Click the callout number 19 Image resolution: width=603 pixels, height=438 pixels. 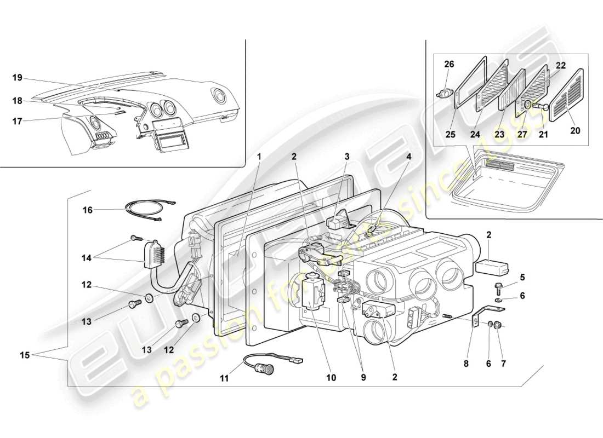[18, 78]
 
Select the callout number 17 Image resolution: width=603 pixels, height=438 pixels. [18, 122]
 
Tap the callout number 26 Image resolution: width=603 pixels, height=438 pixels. [449, 64]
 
